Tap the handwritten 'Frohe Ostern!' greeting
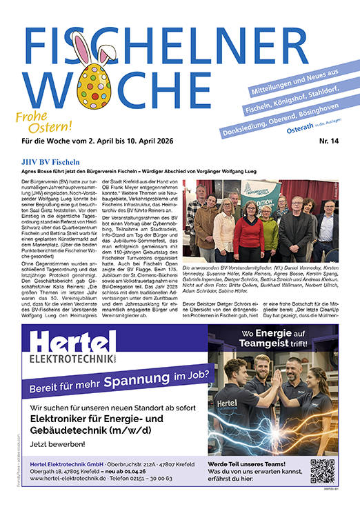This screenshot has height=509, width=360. click(43, 122)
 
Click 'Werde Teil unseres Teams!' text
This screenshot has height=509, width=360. click(250, 463)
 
